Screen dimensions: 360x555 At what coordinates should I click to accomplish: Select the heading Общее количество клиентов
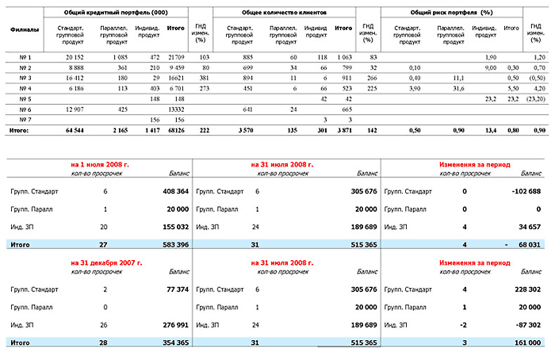pyautogui.click(x=282, y=13)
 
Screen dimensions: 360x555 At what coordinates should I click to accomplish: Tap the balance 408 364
pyautogui.click(x=170, y=191)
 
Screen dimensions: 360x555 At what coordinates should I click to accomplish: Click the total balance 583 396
pyautogui.click(x=170, y=245)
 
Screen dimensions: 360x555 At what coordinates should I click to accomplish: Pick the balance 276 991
pyautogui.click(x=170, y=324)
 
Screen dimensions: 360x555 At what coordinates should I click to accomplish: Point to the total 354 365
pyautogui.click(x=170, y=342)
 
